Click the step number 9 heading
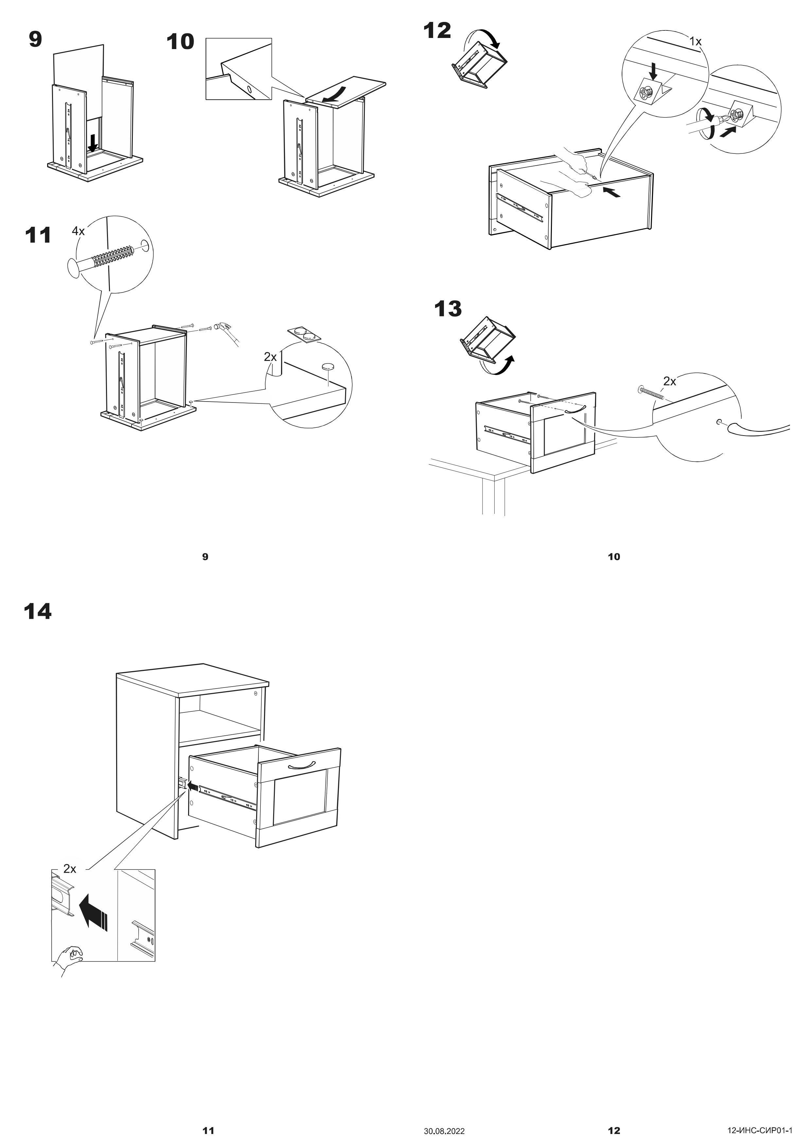tap(35, 40)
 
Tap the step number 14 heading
tap(38, 612)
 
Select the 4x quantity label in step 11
tap(79, 231)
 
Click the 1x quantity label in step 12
tap(696, 42)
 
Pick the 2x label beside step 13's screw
tap(670, 382)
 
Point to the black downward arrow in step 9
tap(93, 143)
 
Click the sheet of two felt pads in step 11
tap(304, 334)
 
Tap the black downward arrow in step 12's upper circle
tap(653, 73)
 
